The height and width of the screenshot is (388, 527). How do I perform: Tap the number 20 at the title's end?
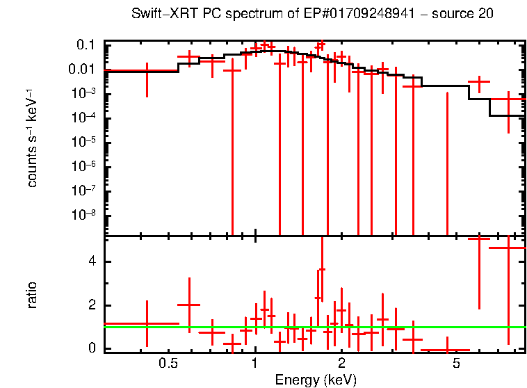tap(486, 15)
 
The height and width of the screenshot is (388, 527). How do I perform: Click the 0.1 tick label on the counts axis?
tap(86, 45)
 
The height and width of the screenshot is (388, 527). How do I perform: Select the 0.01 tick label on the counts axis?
tap(83, 69)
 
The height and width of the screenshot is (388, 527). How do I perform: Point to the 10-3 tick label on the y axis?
tap(86, 93)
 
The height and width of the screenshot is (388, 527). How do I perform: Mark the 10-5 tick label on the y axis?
tap(86, 142)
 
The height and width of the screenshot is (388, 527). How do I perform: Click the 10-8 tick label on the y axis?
tap(86, 214)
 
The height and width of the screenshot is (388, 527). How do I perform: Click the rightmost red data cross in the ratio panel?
tap(509, 248)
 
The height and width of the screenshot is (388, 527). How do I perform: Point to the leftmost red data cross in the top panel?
tap(147, 71)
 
